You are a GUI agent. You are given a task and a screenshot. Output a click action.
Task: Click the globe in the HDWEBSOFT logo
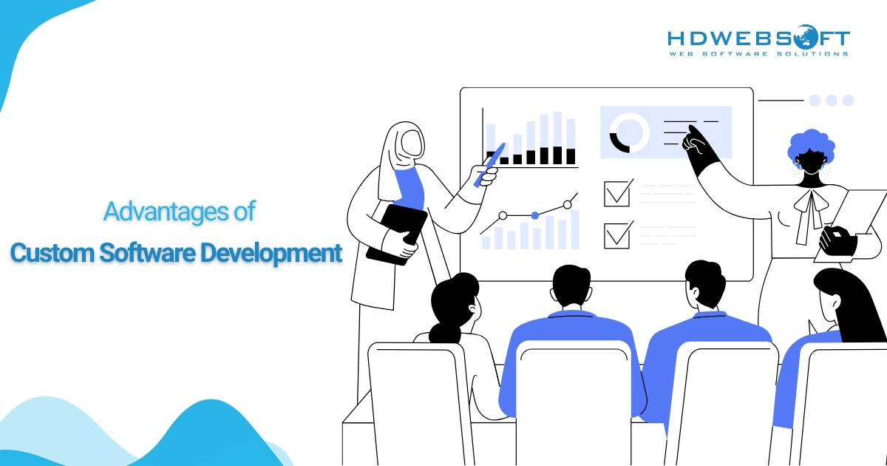pos(806,37)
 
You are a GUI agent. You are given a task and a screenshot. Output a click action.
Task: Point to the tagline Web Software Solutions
pos(758,54)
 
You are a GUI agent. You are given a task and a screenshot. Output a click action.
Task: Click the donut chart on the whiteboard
pos(629,132)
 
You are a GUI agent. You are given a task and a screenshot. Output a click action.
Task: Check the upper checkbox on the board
pos(618,193)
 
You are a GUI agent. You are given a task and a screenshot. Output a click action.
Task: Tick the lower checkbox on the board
pos(618,235)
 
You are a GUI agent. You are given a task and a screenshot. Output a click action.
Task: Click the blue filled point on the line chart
pos(535,215)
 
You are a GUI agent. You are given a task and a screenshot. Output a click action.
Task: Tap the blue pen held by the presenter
pos(489,165)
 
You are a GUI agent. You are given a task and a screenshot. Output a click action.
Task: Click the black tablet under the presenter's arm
pos(397,234)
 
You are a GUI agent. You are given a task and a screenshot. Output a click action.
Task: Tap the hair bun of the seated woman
pos(445,334)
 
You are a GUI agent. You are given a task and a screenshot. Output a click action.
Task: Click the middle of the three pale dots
pos(831,101)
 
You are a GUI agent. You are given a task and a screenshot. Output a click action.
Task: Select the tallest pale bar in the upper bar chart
pos(557,138)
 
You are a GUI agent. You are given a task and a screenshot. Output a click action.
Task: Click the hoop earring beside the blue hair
pos(826,168)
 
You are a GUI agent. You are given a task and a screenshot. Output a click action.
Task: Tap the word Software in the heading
pos(147,253)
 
